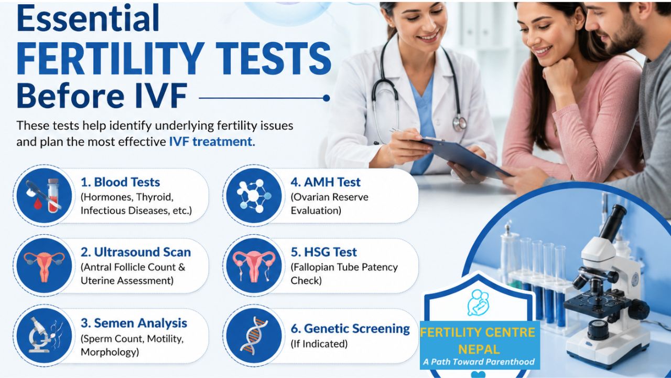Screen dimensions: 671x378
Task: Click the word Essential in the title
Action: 88,17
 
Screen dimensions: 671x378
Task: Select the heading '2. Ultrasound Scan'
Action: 136,253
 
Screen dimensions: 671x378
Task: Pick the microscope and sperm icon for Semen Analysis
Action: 44,335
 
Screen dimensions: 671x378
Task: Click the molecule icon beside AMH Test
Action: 254,196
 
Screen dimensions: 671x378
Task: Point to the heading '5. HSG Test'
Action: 324,253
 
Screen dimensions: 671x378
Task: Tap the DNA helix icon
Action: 254,335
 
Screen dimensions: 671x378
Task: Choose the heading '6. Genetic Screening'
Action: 350,329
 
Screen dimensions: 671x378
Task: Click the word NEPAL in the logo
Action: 479,349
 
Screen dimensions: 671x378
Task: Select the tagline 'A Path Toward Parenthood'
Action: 479,362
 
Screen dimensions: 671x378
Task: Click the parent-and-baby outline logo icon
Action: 478,303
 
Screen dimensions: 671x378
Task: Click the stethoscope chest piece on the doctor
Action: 459,123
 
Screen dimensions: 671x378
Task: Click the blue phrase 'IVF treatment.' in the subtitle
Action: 212,142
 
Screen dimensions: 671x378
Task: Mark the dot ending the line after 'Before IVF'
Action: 327,98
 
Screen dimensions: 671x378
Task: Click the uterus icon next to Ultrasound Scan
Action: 44,266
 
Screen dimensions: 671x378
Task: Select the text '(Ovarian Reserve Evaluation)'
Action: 330,204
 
